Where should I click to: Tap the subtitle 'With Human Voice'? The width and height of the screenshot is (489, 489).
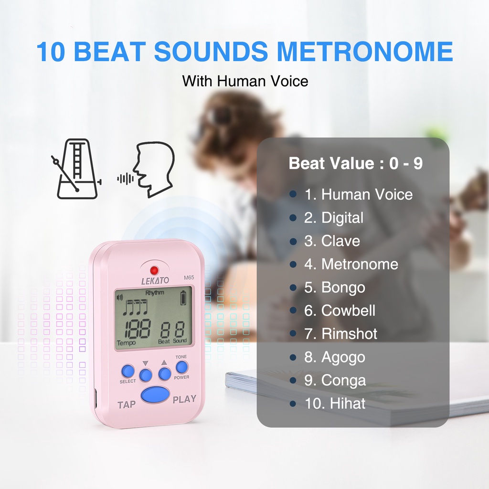click(x=245, y=81)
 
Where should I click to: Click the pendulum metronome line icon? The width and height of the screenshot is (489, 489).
click(x=76, y=170)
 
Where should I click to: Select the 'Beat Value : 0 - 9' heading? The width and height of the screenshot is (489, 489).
click(x=355, y=164)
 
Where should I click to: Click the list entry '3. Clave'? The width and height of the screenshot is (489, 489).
click(x=332, y=241)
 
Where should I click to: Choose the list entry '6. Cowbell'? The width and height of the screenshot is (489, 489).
click(x=340, y=310)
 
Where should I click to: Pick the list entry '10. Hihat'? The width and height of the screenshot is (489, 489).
click(x=335, y=404)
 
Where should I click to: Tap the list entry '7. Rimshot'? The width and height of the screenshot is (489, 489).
click(x=340, y=334)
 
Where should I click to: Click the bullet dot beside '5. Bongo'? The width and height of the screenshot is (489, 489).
click(x=293, y=287)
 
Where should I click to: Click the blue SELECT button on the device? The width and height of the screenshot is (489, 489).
click(x=128, y=371)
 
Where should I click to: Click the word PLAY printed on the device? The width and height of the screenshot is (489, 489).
click(x=184, y=399)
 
